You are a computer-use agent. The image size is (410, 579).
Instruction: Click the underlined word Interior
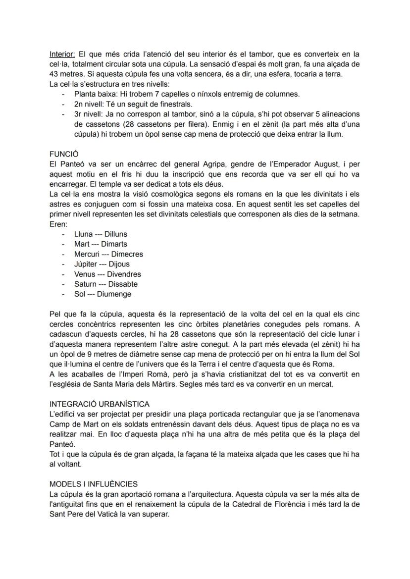pos(63,54)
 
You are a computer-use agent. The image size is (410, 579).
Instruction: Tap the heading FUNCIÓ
pos(64,154)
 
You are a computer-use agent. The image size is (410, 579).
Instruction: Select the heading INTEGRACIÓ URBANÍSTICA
pos(100,404)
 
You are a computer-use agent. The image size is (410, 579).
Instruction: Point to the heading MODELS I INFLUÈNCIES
pos(94,484)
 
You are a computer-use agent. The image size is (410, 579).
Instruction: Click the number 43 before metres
pos(55,74)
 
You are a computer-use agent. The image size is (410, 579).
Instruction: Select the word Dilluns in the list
pos(116,234)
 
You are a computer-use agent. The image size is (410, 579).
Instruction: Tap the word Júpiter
pos(86,264)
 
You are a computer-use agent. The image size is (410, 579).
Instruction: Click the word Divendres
pos(124,274)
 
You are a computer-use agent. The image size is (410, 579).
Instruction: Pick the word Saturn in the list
pos(85,284)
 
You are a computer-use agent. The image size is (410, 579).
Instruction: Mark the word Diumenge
pos(114,294)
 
